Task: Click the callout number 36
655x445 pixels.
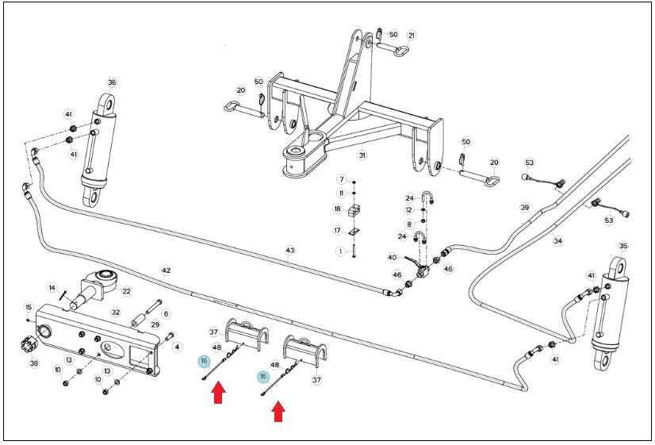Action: [112, 82]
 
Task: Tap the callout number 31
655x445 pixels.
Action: [362, 155]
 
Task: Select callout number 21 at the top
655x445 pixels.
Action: [412, 36]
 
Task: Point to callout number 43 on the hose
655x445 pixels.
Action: [290, 251]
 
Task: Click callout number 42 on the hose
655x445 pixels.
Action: [166, 270]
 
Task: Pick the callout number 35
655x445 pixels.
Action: [623, 246]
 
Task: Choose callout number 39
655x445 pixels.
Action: [525, 207]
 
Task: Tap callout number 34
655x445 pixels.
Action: [558, 241]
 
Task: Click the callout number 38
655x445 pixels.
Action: [34, 363]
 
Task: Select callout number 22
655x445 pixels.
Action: [126, 291]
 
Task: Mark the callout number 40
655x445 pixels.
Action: [392, 257]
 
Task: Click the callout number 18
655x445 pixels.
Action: [338, 209]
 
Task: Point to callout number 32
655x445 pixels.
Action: [116, 312]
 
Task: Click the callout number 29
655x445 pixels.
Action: [155, 324]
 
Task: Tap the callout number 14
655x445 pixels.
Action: [52, 288]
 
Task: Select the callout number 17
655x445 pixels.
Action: [338, 230]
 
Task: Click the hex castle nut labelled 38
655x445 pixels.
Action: [27, 345]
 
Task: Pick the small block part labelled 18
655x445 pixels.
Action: [354, 210]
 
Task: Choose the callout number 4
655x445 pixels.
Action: [177, 347]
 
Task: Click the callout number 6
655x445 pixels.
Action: [166, 314]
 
